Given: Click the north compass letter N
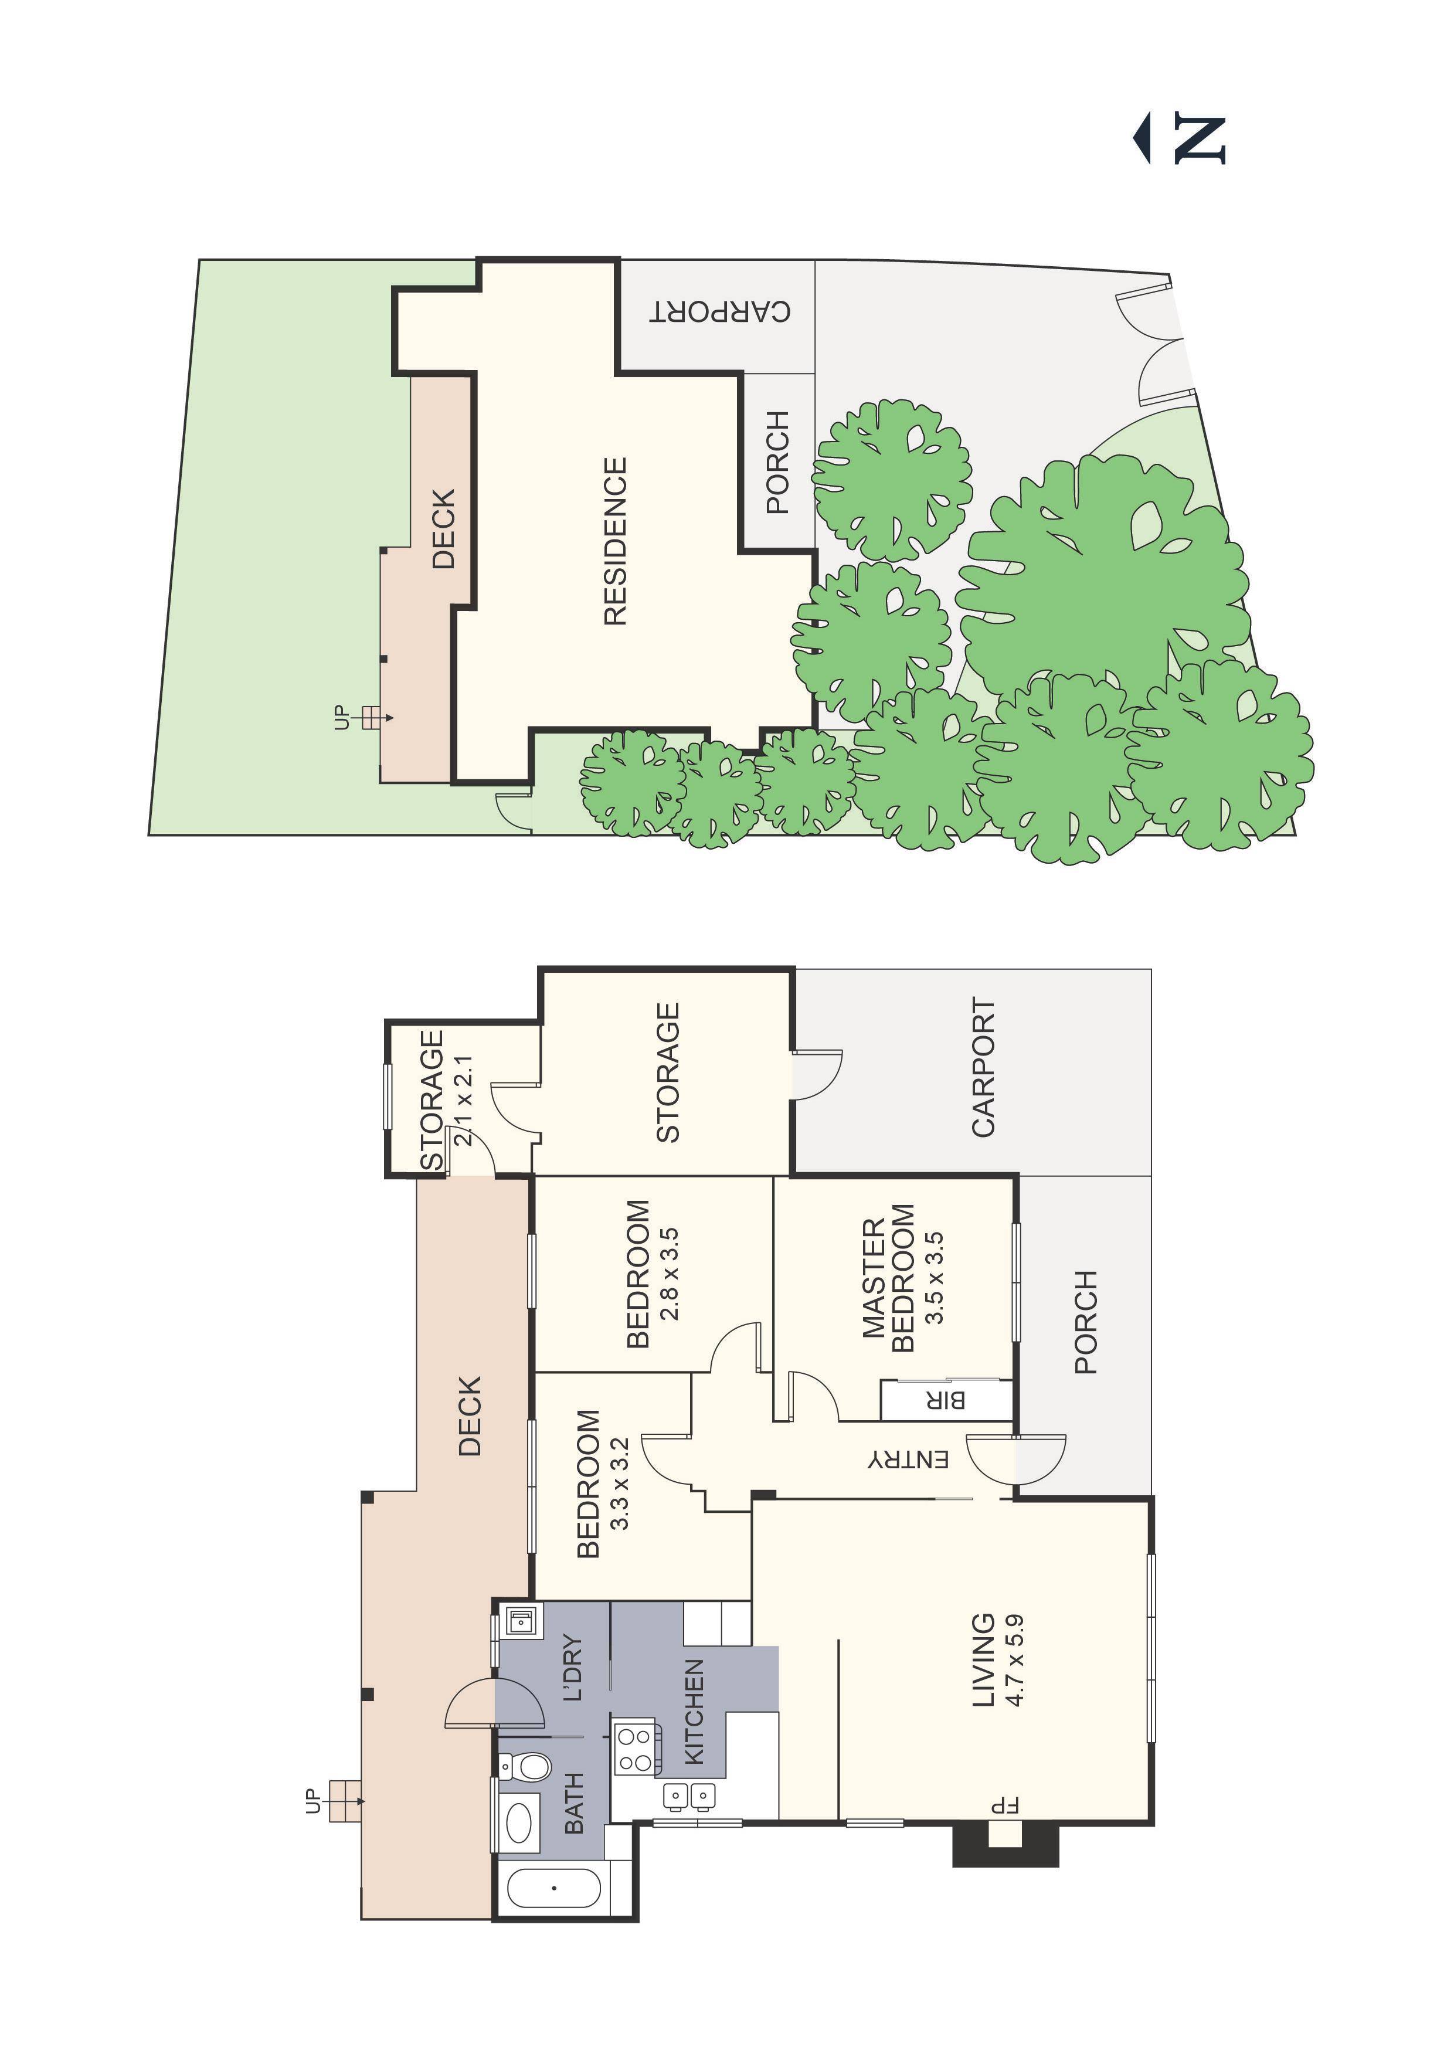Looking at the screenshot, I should tap(1199, 139).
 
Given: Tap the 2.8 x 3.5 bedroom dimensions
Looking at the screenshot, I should tap(669, 1274).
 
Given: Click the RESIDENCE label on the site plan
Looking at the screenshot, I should tap(614, 541).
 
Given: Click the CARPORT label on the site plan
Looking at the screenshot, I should tap(721, 311).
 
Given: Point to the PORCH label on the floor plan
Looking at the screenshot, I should tap(1085, 1322).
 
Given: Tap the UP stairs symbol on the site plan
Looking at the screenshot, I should tap(369, 718).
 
